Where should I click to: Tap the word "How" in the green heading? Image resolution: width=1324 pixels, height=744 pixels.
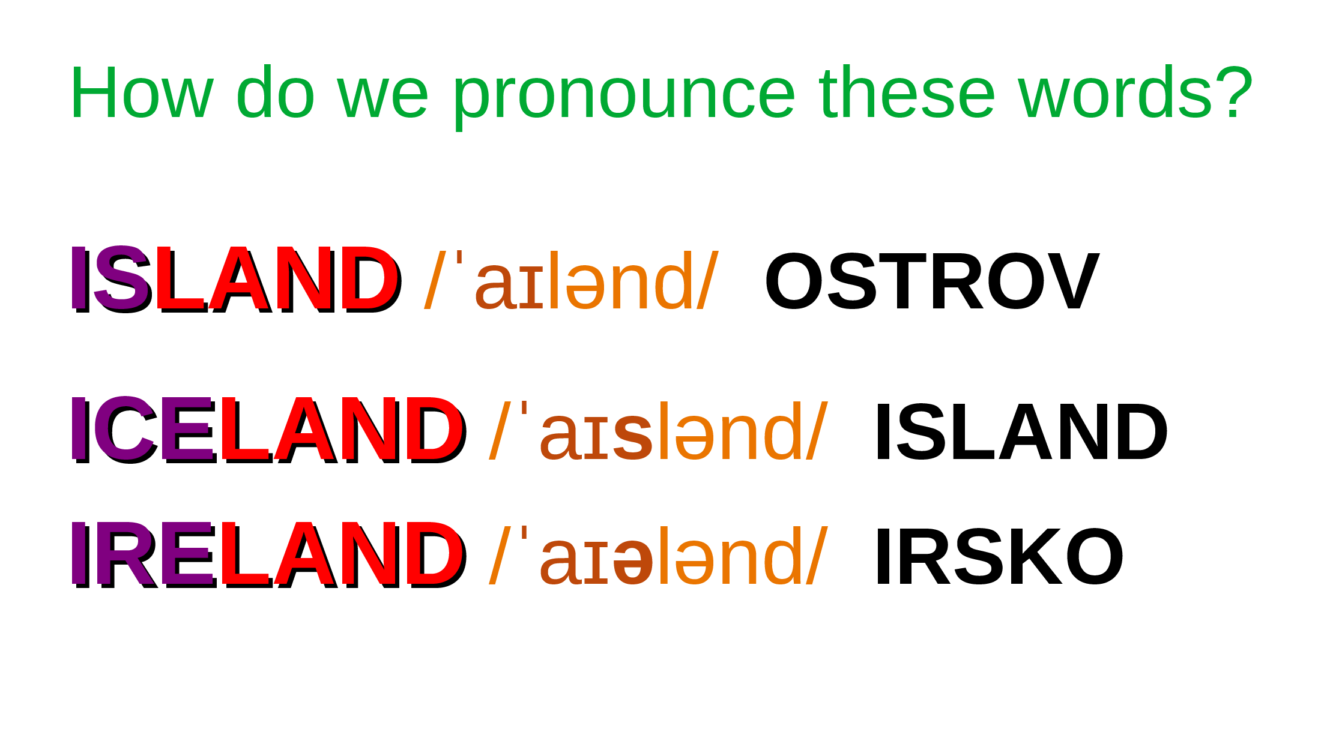pyautogui.click(x=142, y=92)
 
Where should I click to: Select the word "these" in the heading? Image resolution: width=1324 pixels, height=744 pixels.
pyautogui.click(x=907, y=91)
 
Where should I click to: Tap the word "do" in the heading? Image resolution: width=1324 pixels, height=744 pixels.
pyautogui.click(x=276, y=91)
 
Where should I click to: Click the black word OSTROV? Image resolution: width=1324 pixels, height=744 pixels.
pyautogui.click(x=932, y=281)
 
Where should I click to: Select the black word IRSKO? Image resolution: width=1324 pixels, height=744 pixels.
pyautogui.click(x=999, y=556)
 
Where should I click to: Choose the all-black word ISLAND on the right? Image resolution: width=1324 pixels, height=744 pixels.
pyautogui.click(x=1021, y=431)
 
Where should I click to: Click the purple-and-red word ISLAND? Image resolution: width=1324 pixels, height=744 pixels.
pyautogui.click(x=236, y=280)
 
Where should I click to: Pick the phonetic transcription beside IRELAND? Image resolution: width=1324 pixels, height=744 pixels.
pyautogui.click(x=659, y=556)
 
